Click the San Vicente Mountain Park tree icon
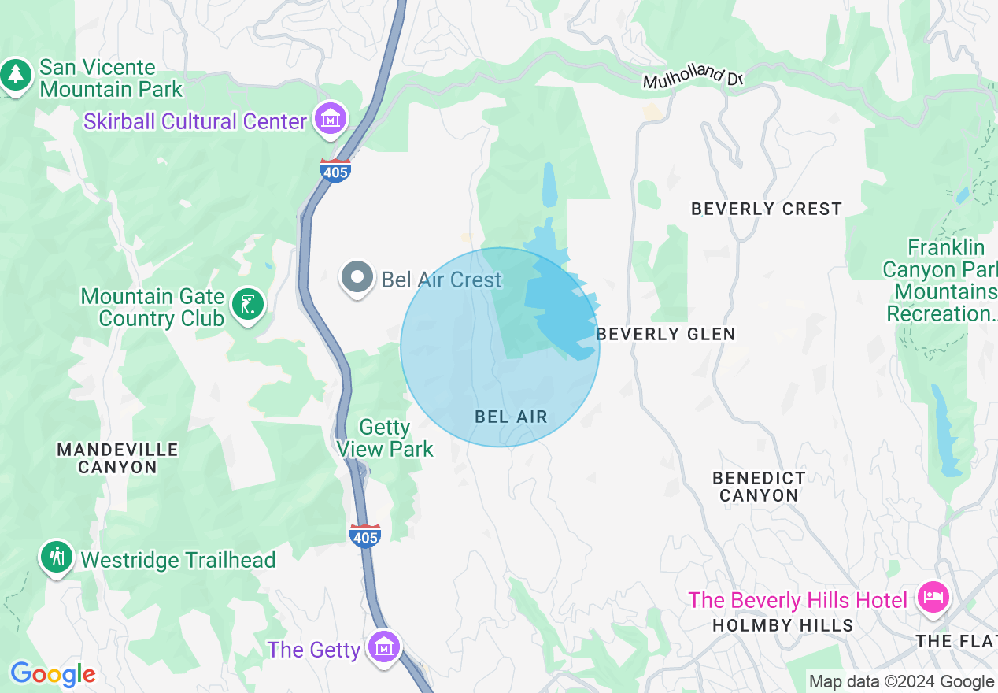pos(16,76)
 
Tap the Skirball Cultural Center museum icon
pos(331,120)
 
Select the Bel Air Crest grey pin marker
pos(357,277)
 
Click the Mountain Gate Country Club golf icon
pos(249,304)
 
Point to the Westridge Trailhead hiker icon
pos(56,557)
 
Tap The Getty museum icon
pos(384,647)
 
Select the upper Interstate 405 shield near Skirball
pos(335,169)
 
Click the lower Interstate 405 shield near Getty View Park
pos(365,535)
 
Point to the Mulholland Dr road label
pos(693,77)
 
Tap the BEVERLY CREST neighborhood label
pos(766,209)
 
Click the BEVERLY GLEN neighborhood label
pos(666,334)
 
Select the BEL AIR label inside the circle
pos(511,417)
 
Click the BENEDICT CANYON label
pos(759,487)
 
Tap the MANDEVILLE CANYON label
pos(118,458)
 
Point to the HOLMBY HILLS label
pos(782,625)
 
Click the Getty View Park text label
pos(385,439)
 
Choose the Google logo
pos(53,674)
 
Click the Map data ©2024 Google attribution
pos(901,682)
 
